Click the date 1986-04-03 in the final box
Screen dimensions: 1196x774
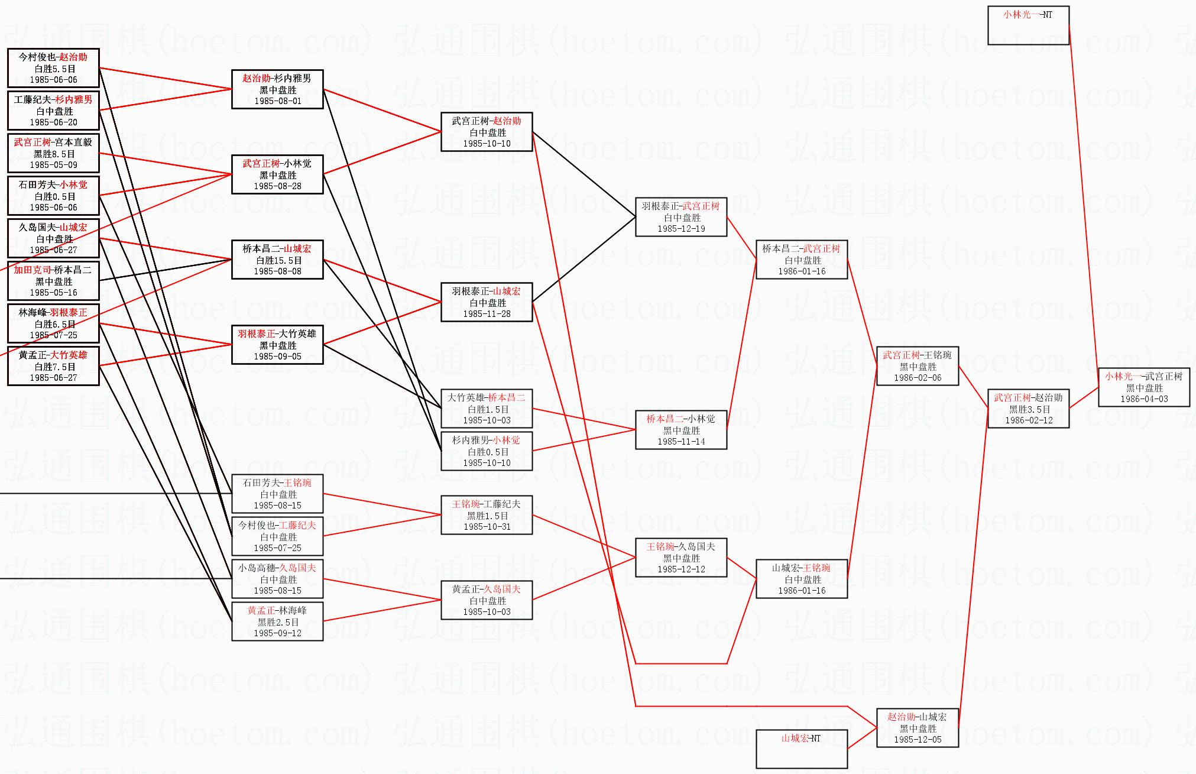(x=1144, y=399)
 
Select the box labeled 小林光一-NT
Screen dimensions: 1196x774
(x=1028, y=25)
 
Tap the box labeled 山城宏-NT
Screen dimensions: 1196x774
(x=801, y=749)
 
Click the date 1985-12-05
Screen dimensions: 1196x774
(x=918, y=740)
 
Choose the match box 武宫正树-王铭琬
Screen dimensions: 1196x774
(x=917, y=366)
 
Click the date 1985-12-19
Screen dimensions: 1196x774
(x=681, y=229)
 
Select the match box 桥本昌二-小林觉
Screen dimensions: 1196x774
(x=681, y=430)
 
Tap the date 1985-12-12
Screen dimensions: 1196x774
(x=681, y=569)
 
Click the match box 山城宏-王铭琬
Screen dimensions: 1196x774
(x=801, y=579)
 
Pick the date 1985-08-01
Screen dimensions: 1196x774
(x=278, y=101)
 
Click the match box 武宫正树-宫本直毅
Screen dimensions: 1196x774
(x=53, y=153)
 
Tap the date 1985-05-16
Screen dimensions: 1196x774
(x=53, y=293)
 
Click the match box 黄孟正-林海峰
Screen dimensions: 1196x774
(x=277, y=621)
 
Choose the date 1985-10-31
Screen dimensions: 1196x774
(x=487, y=527)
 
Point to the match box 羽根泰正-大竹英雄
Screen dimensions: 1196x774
(x=277, y=345)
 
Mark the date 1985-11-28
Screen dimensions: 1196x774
(x=487, y=314)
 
